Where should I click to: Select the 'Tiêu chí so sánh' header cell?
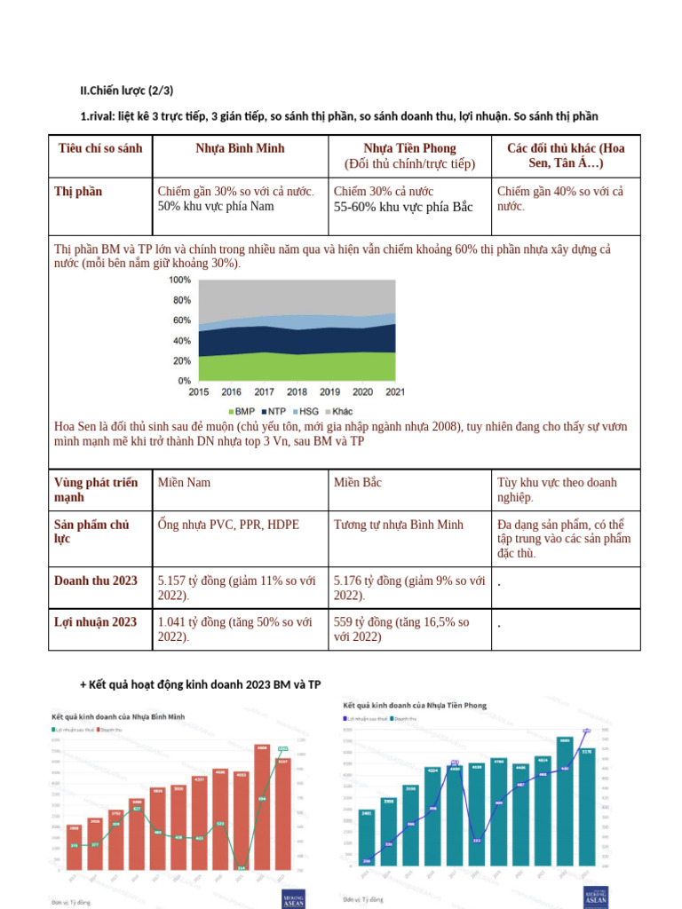(100, 148)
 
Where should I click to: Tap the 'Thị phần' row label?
(78, 192)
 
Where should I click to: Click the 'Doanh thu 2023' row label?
(96, 581)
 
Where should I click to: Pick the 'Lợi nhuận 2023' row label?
(95, 622)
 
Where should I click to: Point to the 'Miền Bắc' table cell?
(358, 482)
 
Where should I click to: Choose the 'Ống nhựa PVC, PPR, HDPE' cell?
(228, 525)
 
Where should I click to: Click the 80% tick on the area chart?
(181, 300)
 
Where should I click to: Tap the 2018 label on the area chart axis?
(297, 391)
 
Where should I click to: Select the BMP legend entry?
(242, 412)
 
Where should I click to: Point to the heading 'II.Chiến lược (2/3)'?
(127, 90)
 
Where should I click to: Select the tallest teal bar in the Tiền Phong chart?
(565, 801)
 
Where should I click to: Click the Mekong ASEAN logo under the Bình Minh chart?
(293, 898)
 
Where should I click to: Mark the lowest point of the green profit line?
(241, 866)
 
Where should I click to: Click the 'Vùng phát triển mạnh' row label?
(96, 489)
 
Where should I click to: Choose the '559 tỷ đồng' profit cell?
(401, 629)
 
